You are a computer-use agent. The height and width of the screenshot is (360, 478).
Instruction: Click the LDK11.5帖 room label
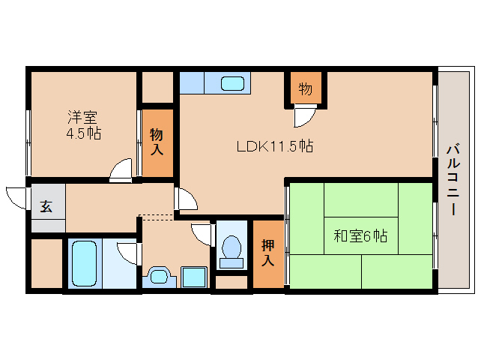275,146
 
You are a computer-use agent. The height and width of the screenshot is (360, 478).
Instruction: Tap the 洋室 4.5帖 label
83,125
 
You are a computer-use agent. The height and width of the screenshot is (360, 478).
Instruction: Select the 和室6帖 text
360,236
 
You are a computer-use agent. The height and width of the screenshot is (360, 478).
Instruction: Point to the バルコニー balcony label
453,179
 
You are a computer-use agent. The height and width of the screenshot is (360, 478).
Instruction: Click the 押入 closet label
268,253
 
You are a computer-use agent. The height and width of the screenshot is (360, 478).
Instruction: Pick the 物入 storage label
157,142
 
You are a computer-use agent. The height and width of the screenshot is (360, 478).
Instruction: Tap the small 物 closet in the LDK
306,88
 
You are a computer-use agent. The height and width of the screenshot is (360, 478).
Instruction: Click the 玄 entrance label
46,206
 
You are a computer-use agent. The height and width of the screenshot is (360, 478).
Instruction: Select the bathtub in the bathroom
84,263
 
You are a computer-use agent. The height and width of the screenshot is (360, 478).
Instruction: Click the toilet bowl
232,252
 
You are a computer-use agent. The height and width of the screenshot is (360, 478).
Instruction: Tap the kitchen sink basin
232,83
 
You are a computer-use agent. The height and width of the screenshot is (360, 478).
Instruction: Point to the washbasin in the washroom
160,277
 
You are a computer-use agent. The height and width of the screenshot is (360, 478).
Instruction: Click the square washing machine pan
194,277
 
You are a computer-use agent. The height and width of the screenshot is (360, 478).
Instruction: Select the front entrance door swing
16,198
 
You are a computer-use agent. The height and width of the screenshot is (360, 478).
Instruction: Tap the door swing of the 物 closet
305,115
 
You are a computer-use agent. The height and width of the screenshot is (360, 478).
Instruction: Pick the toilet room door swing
202,235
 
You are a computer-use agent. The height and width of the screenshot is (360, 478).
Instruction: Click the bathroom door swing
127,253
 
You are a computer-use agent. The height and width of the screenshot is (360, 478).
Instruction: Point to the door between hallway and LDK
187,199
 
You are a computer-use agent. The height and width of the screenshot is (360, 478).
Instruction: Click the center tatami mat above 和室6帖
361,199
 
